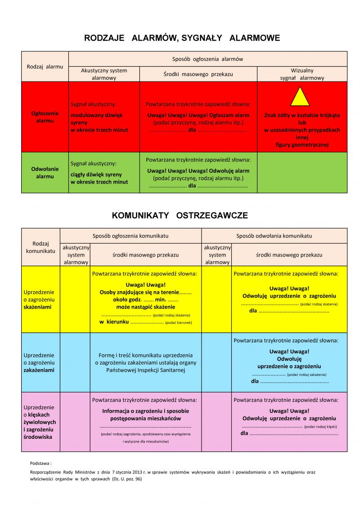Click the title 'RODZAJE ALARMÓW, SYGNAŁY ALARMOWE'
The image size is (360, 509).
[x=182, y=38]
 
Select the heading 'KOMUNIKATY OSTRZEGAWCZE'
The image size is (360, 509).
[x=180, y=216]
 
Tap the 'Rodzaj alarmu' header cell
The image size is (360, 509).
[x=45, y=66]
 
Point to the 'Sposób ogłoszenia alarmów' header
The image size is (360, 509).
[x=207, y=59]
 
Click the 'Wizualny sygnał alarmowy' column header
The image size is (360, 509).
[x=302, y=74]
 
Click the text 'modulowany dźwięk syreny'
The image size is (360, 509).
[x=96, y=118]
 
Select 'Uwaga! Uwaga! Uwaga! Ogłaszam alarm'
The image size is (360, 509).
[x=198, y=115]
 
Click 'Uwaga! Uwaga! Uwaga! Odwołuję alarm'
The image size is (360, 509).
[x=198, y=171]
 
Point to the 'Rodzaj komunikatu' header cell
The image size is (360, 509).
[x=40, y=247]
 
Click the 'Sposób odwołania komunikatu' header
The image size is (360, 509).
[x=274, y=236]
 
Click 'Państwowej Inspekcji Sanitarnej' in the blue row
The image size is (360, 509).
[x=145, y=370]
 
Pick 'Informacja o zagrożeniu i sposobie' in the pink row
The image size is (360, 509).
[x=145, y=411]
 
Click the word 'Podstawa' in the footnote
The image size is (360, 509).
[x=40, y=463]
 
